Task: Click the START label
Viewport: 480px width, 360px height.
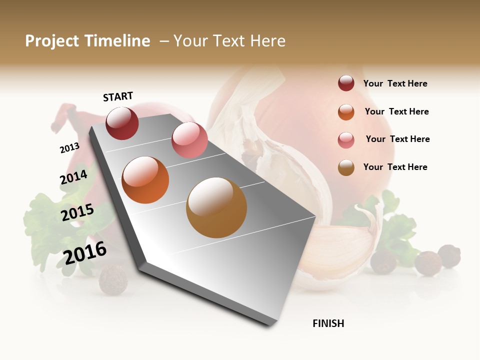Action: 118,96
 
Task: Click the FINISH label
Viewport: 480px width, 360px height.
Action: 328,323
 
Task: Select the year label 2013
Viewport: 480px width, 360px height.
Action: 69,148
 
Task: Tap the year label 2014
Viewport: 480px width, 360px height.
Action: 73,177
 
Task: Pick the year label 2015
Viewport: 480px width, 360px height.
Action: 77,212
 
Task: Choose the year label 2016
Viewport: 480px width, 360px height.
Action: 85,253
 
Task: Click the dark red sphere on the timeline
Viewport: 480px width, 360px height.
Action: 122,123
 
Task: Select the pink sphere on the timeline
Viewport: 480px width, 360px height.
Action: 189,140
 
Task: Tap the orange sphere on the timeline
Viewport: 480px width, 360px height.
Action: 145,180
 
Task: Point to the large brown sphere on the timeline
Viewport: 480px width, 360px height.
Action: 216,207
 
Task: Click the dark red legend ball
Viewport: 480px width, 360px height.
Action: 346,83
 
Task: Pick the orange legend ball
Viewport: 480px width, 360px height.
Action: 346,112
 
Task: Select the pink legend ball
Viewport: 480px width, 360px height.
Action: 346,140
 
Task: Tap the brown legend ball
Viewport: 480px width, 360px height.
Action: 346,167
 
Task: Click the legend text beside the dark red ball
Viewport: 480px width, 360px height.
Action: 395,83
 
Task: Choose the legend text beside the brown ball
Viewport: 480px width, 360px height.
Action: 395,167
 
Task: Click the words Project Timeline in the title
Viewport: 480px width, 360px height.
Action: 87,41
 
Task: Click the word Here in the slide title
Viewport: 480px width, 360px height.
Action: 267,41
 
